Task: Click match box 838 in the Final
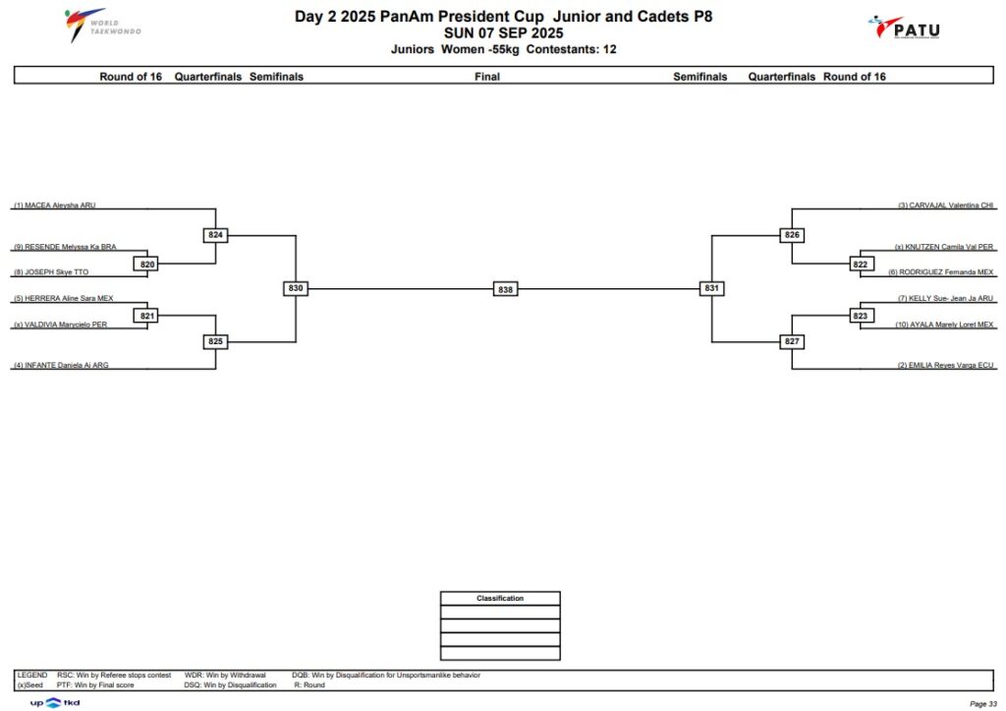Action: [x=505, y=290]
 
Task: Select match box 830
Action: [x=295, y=288]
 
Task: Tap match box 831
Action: [x=711, y=288]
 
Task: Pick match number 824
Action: [x=215, y=235]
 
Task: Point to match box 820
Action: [x=147, y=264]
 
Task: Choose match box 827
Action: [x=792, y=341]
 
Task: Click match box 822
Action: [x=861, y=264]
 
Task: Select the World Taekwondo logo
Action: [x=102, y=26]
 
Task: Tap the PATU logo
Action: [x=905, y=29]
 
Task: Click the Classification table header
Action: [x=500, y=599]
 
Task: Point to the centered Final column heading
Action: [x=487, y=77]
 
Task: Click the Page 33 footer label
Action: [x=983, y=704]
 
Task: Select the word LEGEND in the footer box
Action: [x=32, y=675]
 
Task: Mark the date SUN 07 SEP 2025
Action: [x=504, y=33]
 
